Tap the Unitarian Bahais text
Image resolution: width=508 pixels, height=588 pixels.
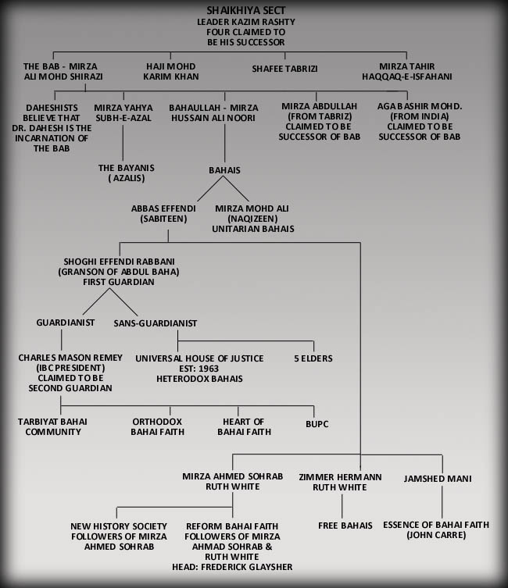tap(252, 229)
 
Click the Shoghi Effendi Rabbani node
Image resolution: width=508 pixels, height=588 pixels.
tap(119, 271)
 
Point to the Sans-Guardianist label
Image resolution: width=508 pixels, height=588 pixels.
tap(156, 323)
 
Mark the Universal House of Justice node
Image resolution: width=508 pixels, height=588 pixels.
tap(199, 358)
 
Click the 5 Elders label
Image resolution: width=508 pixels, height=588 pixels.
tap(313, 358)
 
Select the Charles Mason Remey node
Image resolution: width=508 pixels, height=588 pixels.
tap(70, 372)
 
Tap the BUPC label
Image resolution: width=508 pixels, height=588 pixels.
tap(317, 426)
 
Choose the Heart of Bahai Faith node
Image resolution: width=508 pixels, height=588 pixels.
tap(244, 426)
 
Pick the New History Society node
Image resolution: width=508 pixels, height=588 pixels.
tap(116, 536)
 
